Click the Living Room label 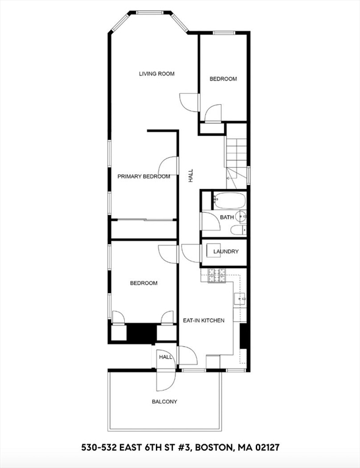(x=157, y=74)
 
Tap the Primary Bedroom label (x=144, y=177)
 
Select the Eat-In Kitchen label (x=203, y=321)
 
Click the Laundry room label (x=226, y=252)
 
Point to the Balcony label (x=164, y=402)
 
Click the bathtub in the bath (x=228, y=200)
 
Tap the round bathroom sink (x=241, y=215)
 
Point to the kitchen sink (x=241, y=299)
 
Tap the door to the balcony (x=165, y=378)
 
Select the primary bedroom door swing (x=169, y=166)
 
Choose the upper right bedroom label (x=223, y=79)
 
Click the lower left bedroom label (x=144, y=283)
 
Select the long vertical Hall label (x=191, y=177)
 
